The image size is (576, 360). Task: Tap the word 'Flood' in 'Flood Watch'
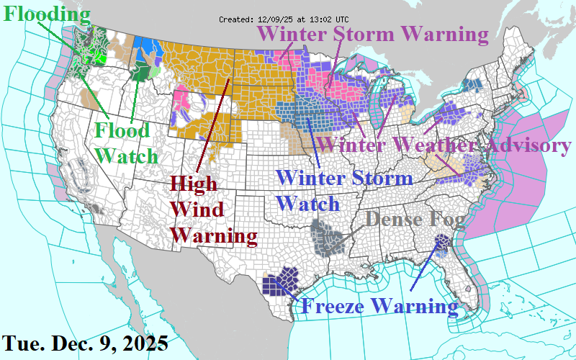coord(122,131)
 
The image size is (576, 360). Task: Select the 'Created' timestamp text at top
coord(283,19)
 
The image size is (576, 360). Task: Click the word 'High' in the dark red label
coord(194,183)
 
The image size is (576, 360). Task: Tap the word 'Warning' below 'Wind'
coord(214,235)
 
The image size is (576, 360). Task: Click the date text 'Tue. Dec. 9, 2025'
coord(85,343)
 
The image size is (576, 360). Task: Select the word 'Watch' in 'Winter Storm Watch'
coord(308,203)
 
